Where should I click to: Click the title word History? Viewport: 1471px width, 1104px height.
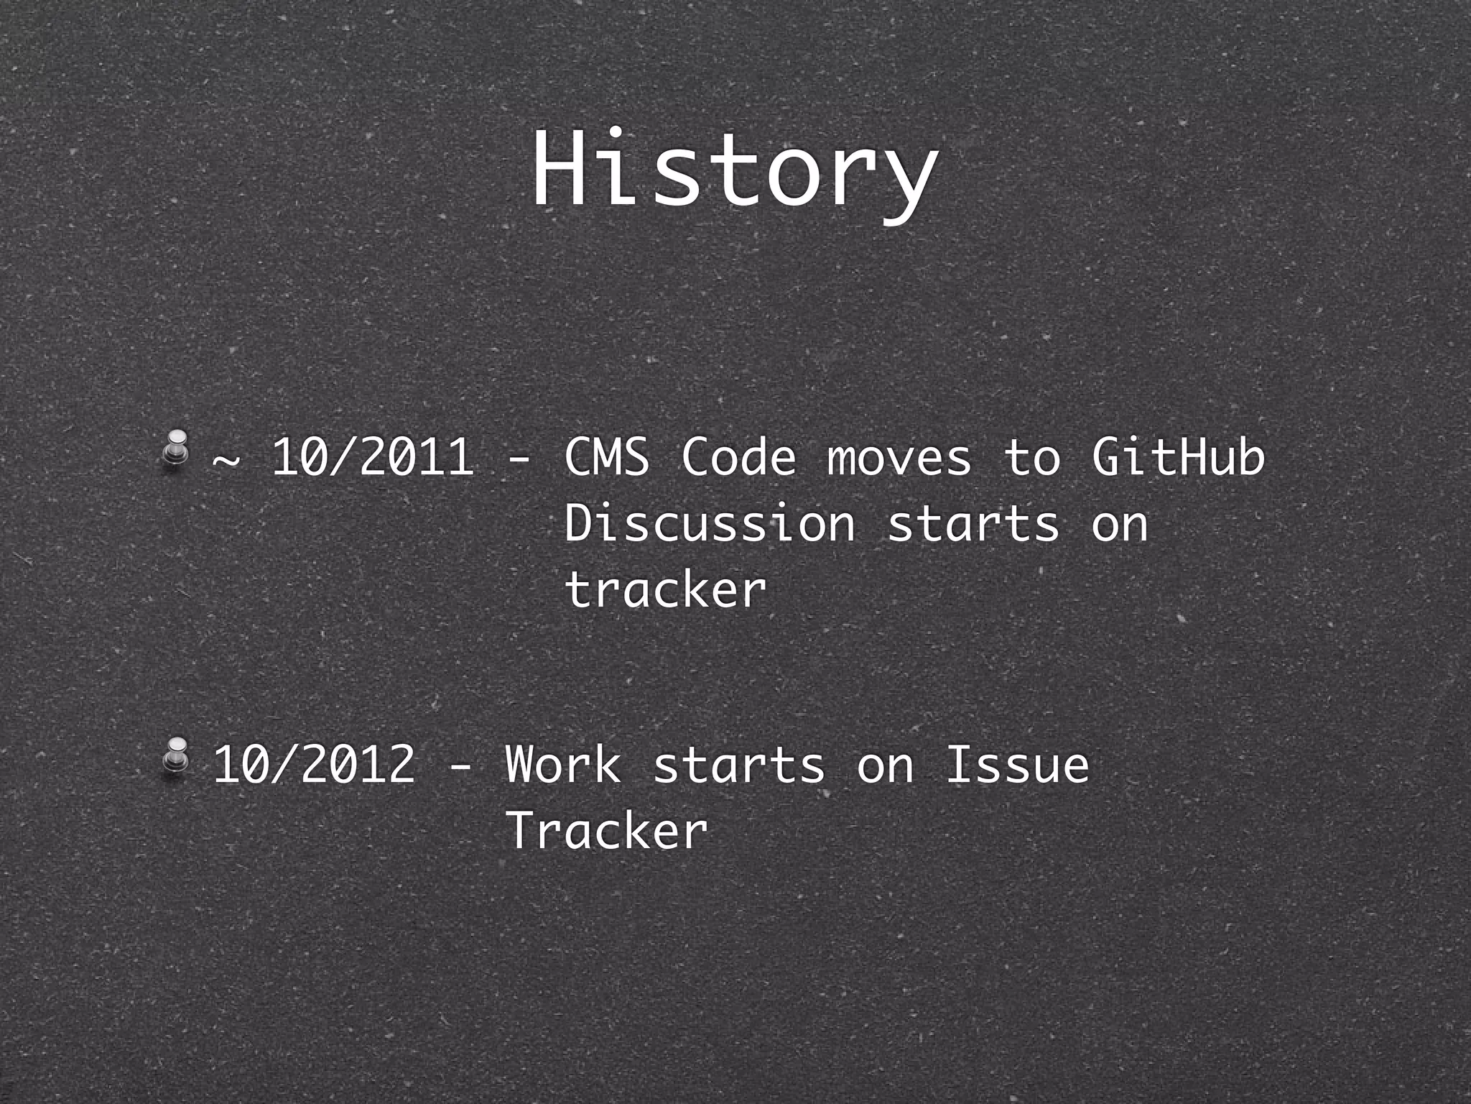[734, 172]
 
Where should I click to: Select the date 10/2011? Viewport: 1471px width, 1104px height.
[373, 457]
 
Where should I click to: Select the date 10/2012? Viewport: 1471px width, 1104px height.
[315, 764]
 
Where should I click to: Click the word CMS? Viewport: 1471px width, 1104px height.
[607, 457]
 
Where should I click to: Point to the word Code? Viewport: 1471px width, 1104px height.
[738, 457]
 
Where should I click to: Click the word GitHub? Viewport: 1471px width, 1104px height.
[1178, 457]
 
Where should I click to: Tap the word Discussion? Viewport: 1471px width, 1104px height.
[710, 523]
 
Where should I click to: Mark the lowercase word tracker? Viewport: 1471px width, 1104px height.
[666, 589]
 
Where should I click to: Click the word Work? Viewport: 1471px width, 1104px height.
[563, 764]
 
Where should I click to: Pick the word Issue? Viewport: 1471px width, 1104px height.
[1017, 764]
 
